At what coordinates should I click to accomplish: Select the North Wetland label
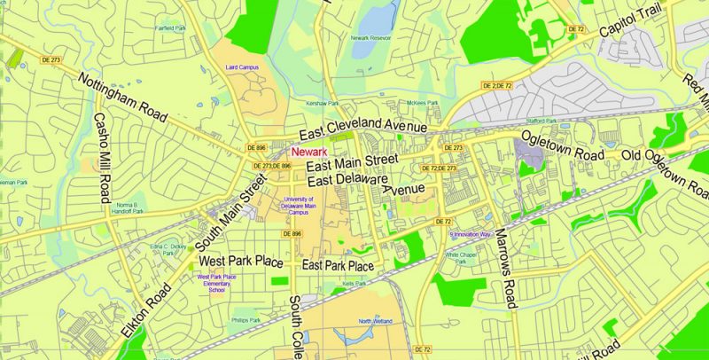point(376,320)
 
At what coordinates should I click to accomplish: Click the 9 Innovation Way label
point(470,234)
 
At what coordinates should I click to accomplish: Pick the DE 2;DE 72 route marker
point(496,84)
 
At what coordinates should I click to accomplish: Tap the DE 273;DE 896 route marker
point(271,166)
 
